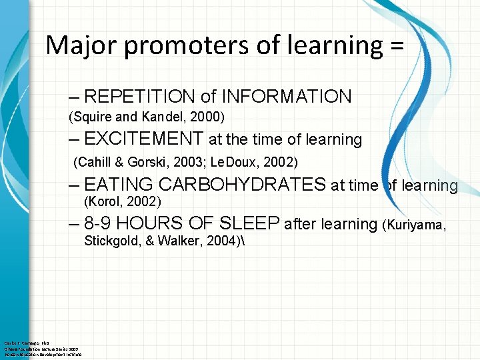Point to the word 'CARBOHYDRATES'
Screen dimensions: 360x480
coord(241,185)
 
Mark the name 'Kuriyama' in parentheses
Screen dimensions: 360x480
coord(414,225)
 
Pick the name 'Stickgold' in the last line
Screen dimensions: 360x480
coord(110,241)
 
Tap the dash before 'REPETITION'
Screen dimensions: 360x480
coord(73,97)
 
